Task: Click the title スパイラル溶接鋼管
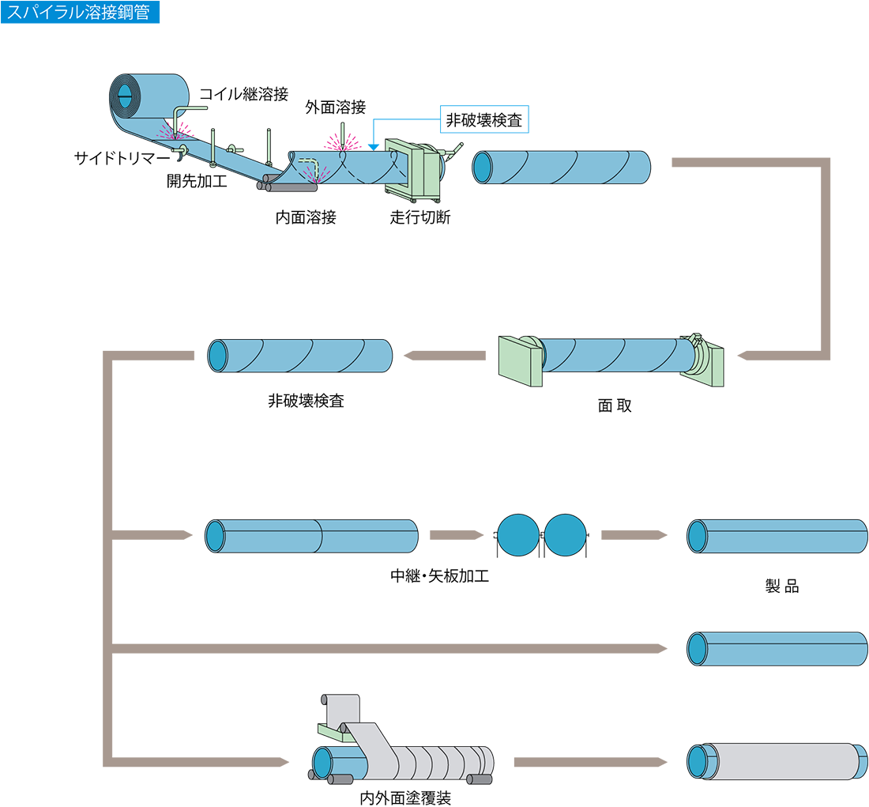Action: click(78, 12)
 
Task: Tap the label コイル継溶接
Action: click(244, 94)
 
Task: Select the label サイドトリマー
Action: click(122, 158)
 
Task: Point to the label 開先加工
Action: click(197, 181)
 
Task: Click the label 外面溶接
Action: click(335, 107)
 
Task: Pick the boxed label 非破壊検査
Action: click(484, 119)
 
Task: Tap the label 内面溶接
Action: click(306, 217)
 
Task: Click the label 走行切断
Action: click(420, 217)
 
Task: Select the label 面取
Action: click(615, 405)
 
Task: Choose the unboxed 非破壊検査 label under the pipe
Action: click(306, 401)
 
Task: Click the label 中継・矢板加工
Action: click(439, 575)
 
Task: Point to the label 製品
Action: click(782, 586)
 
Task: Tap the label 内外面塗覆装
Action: click(405, 798)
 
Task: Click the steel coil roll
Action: click(149, 96)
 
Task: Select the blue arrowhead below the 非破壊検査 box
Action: click(374, 147)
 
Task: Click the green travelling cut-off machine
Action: click(415, 169)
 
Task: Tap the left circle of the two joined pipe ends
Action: click(518, 534)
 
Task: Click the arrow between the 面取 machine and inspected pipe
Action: click(445, 356)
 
